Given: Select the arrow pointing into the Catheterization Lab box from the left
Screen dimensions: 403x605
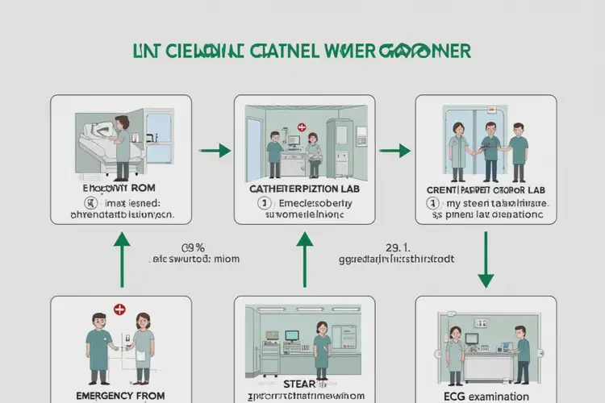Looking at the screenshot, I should point(213,151).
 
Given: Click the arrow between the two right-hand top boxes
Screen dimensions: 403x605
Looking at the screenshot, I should point(393,151).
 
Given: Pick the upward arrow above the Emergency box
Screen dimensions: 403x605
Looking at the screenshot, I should point(122,260).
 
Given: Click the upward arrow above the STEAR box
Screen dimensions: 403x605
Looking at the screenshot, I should point(304,260).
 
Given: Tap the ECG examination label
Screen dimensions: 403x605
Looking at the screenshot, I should point(485,395).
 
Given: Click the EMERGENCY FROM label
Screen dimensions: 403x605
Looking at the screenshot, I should point(121,395).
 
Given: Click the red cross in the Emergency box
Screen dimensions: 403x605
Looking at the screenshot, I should point(119,309).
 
